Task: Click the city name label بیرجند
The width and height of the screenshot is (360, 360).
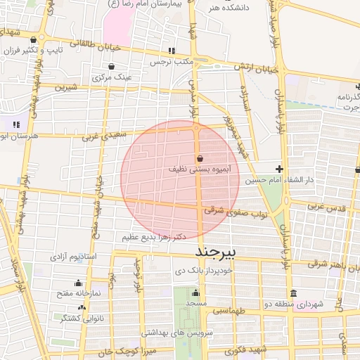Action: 218,251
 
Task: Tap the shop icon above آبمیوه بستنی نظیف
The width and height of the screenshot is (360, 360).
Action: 200,158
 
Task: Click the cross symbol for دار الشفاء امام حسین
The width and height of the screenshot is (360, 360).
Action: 280,169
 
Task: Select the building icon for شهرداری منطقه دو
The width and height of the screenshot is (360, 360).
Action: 293,293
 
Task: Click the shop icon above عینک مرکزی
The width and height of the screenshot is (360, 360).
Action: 111,66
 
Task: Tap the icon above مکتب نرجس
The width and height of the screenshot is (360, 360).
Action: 172,51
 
